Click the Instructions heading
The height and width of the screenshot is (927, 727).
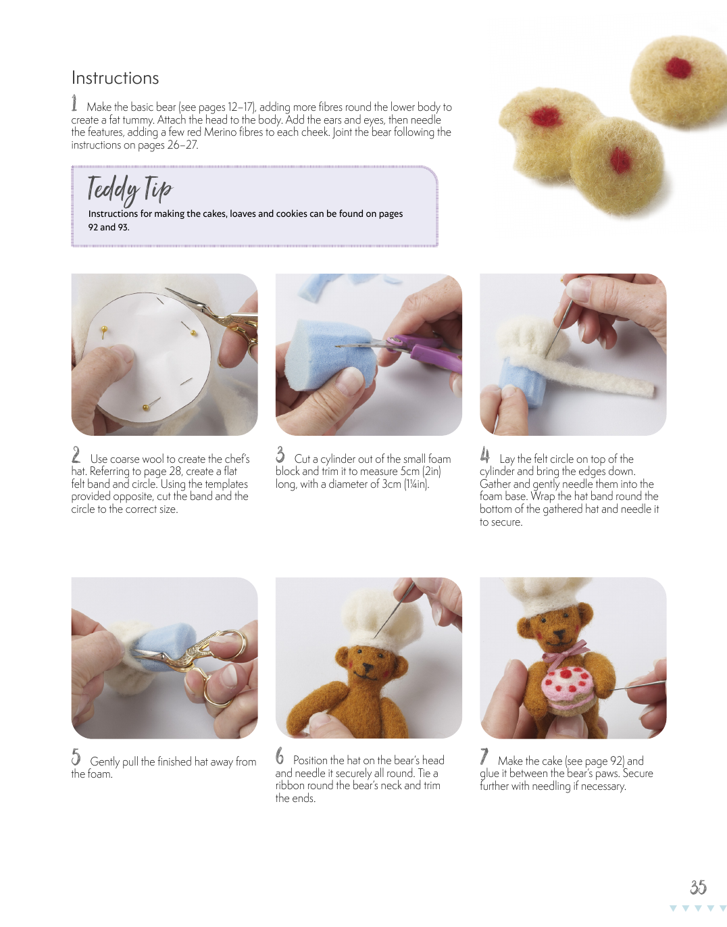[x=115, y=78]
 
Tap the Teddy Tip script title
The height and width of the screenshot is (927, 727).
[x=130, y=189]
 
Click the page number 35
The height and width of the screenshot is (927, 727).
[x=699, y=887]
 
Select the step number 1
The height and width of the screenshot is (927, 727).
[x=74, y=103]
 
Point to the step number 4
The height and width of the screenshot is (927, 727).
[x=485, y=455]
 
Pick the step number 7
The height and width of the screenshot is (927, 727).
[x=484, y=756]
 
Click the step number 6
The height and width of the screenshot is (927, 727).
[x=280, y=756]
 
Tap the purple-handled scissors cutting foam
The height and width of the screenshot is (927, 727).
[x=405, y=348]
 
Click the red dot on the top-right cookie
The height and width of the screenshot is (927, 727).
[x=678, y=68]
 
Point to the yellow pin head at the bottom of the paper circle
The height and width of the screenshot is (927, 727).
[x=146, y=407]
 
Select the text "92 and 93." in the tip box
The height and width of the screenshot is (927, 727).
[x=109, y=228]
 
